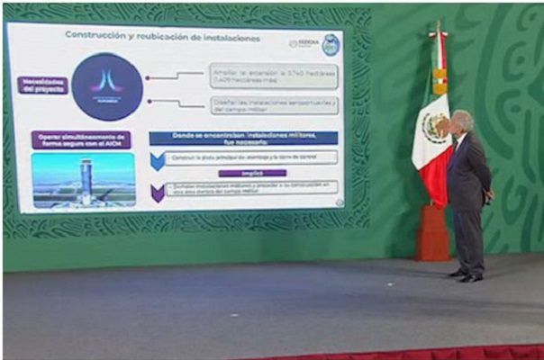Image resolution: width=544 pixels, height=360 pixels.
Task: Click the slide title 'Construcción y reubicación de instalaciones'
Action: [161, 38]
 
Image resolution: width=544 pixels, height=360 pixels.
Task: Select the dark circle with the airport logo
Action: [107, 86]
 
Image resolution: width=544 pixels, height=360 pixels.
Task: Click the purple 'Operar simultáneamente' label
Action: [81, 140]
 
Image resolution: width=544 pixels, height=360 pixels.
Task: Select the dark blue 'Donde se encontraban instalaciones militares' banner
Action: [243, 138]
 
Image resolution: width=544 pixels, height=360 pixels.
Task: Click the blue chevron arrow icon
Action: [158, 159]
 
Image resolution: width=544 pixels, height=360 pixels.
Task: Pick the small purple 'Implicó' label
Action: [252, 173]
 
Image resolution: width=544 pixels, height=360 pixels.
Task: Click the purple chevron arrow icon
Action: [158, 190]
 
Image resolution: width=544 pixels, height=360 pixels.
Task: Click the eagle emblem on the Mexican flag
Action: [437, 129]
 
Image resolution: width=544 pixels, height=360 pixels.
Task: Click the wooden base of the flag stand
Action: [433, 234]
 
